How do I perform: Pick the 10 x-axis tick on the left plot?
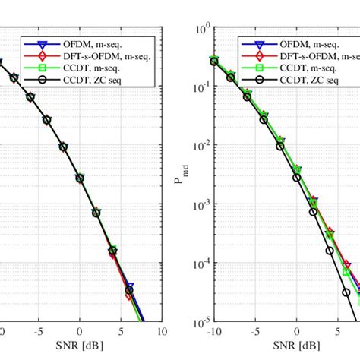[x=162, y=333]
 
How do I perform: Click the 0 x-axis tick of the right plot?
[x=295, y=333]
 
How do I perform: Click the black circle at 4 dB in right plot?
[x=329, y=251]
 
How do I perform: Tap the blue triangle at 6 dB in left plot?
[x=130, y=287]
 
